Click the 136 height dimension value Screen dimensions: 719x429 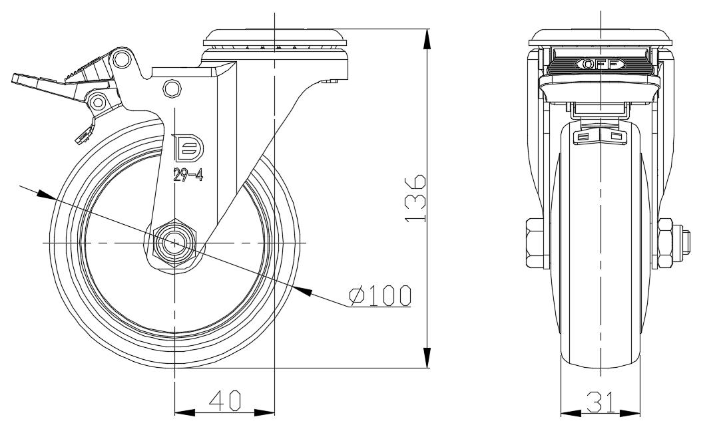[x=416, y=198]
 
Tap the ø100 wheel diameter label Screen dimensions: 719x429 [x=380, y=295]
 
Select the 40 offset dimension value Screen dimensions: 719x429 [x=225, y=400]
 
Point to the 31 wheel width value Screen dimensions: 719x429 [x=600, y=402]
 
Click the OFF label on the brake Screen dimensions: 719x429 [x=600, y=64]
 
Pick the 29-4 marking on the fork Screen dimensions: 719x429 [x=188, y=175]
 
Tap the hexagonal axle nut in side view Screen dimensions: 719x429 [x=174, y=243]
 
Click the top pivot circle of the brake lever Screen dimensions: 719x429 [x=121, y=59]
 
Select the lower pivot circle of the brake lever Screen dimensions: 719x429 [x=97, y=102]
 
